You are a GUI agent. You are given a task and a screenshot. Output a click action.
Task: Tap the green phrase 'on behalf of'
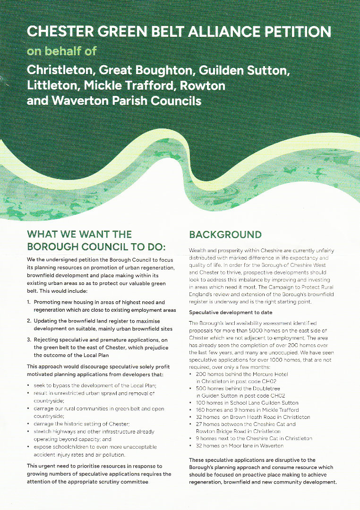61,51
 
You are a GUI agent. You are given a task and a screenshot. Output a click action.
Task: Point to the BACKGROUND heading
225,235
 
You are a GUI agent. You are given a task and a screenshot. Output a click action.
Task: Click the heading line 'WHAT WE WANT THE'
79,234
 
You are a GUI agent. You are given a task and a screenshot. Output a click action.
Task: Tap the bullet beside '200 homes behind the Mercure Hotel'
190,374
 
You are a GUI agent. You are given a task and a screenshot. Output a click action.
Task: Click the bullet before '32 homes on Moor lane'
190,446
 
